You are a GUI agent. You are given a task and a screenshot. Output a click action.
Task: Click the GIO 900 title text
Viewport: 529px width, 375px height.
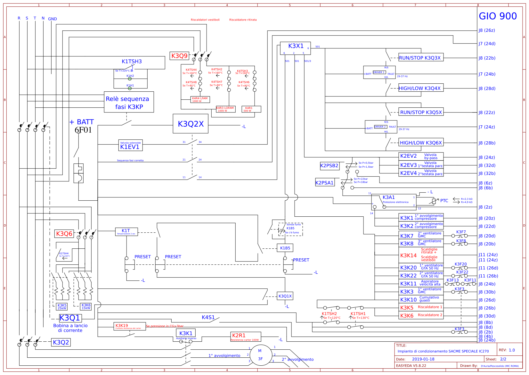498,16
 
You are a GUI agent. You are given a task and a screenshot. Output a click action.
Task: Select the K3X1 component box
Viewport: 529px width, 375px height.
295,46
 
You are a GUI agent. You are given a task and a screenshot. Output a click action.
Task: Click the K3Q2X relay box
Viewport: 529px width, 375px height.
191,124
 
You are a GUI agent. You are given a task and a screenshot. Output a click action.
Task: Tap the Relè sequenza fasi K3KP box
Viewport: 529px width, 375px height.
129,102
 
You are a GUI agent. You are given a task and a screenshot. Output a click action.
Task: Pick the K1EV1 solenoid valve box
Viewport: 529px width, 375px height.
130,146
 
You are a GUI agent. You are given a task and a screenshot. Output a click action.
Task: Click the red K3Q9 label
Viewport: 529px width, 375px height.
179,56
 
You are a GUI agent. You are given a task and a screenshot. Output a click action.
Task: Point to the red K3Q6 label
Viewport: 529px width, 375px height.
64,234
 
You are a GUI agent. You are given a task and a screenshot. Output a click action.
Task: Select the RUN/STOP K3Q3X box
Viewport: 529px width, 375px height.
421,57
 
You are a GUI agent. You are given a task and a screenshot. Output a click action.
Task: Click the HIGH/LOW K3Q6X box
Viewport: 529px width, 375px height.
421,143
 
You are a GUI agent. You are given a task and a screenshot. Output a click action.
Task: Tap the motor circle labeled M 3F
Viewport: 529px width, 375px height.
260,355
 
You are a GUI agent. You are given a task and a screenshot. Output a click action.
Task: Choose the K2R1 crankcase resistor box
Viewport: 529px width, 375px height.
245,337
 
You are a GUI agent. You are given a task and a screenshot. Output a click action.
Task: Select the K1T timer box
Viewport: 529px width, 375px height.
126,231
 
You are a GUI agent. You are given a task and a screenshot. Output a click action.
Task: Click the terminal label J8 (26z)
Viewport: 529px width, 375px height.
487,30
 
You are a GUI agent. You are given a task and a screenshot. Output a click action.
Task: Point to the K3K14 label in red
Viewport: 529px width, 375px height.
408,255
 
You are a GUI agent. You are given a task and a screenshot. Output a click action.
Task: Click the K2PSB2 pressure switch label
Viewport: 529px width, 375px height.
330,166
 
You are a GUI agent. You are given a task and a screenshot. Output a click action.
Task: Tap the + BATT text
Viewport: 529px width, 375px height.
81,122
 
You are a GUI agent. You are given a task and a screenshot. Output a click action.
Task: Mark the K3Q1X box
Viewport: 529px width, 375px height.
285,296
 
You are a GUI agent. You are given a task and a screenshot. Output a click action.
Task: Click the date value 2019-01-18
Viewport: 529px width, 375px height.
423,359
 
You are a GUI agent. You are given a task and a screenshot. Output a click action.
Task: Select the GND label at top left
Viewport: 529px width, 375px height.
53,19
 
